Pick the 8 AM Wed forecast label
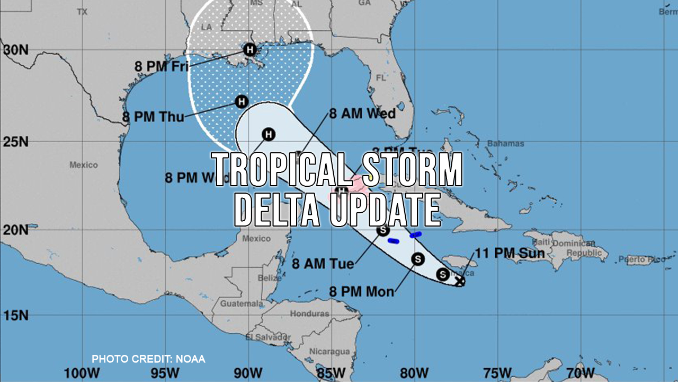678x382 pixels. [x=362, y=114]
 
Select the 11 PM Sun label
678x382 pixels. [x=510, y=253]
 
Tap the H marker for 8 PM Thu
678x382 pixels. [x=242, y=101]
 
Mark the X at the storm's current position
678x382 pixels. [x=460, y=281]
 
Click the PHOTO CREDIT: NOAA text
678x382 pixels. [x=148, y=359]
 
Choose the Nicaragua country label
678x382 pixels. [x=329, y=351]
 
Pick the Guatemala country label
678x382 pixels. [x=241, y=304]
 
